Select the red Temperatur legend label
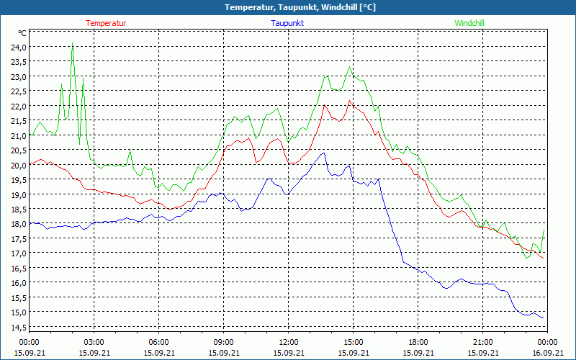(x=106, y=23)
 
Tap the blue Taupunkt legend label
(x=287, y=23)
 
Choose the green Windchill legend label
(x=469, y=23)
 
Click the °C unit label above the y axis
(x=22, y=33)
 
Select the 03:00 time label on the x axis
(x=94, y=342)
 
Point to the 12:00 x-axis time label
(x=288, y=342)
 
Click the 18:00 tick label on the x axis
(x=418, y=342)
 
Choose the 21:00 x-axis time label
(x=482, y=342)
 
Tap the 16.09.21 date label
(x=547, y=352)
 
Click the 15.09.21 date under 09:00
(x=223, y=352)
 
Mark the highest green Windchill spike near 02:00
(x=72, y=43)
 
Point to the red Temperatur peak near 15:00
(x=350, y=101)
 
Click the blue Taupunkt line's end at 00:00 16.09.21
(x=544, y=318)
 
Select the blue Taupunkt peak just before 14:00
(x=323, y=153)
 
